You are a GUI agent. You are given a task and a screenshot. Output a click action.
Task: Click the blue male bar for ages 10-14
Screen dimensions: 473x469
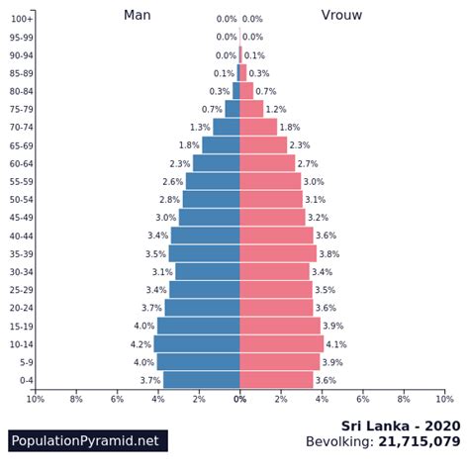pos(197,343)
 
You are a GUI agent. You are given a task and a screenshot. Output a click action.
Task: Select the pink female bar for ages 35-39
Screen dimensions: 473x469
pos(278,253)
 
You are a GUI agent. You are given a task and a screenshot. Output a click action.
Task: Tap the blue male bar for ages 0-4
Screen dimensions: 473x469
pos(202,380)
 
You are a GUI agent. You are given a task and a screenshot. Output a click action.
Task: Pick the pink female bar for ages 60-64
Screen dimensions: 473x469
pos(267,163)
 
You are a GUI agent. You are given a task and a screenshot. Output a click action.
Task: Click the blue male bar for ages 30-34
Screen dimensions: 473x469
pos(208,271)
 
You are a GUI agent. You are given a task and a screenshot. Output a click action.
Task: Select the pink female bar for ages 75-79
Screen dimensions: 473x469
pos(251,109)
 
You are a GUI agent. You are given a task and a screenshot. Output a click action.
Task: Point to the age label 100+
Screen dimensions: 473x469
pos(22,19)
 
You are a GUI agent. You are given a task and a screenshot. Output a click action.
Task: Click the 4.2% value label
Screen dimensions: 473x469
pos(141,344)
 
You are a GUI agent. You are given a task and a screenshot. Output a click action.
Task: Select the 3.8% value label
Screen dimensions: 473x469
pos(328,254)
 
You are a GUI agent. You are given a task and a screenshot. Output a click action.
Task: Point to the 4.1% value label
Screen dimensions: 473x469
pos(335,344)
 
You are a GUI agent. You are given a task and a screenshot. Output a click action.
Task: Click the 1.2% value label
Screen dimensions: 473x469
pos(275,110)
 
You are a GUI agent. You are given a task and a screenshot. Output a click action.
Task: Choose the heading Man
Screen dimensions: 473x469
pos(138,15)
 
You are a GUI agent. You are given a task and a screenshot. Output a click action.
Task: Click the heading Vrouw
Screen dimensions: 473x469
pos(341,15)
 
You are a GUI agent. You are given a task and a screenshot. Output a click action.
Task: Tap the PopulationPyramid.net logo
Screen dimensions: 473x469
pos(86,441)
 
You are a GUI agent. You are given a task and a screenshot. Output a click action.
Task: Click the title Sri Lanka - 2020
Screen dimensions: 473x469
pos(401,426)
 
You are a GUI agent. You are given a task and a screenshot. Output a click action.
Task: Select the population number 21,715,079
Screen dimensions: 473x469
pos(419,442)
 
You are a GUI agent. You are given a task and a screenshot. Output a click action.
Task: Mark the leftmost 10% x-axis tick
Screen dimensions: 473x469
pos(36,399)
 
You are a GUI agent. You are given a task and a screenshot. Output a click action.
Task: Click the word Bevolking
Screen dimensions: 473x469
pos(339,442)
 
